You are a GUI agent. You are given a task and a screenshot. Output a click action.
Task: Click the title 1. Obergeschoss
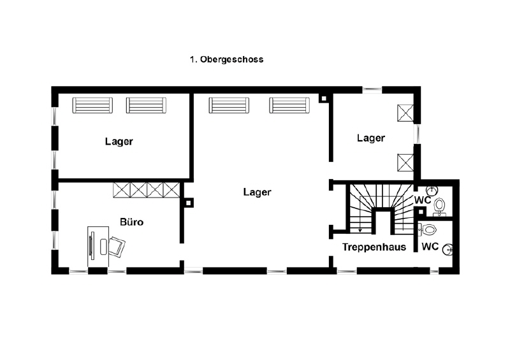(227, 59)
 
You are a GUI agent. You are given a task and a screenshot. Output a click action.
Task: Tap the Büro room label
(132, 222)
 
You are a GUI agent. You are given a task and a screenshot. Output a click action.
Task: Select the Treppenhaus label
(374, 247)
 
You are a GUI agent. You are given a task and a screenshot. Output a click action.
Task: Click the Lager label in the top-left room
(119, 142)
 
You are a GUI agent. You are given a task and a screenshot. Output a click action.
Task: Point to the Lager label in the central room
(258, 192)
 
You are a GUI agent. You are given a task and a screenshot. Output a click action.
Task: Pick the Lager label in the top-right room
(371, 138)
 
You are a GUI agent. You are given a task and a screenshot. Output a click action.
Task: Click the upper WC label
(423, 200)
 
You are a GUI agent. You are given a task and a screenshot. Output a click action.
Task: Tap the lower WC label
(430, 247)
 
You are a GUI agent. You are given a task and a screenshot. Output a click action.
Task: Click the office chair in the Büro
(117, 247)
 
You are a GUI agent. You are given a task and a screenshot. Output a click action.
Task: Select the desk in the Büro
(98, 247)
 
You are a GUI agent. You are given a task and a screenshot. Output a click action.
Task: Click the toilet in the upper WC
(439, 206)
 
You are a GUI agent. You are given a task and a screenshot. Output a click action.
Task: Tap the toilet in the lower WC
(427, 229)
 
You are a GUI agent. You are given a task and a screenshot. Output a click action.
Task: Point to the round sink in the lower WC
(449, 250)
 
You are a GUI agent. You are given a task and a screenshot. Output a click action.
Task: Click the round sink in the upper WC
(433, 190)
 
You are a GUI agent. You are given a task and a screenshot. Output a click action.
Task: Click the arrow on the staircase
(360, 226)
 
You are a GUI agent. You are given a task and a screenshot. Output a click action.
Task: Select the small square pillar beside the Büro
(188, 203)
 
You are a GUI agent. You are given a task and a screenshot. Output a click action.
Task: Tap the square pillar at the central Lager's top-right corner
(324, 99)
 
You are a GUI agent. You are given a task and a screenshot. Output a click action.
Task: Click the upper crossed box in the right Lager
(405, 113)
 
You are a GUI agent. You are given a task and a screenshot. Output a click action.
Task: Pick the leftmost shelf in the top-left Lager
(92, 105)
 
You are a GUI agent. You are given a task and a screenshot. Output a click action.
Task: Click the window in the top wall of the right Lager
(372, 90)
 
